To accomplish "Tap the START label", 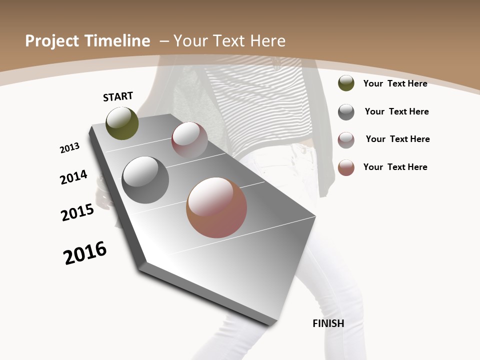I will click(118, 96).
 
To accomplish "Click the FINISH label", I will click(328, 323).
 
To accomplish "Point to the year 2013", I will click(69, 147).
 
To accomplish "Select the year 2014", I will click(73, 177).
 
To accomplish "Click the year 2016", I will click(85, 253).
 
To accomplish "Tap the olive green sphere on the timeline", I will click(122, 123).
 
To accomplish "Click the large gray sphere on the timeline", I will click(145, 180).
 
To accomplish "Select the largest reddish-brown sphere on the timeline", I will click(216, 207).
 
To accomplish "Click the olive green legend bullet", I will click(346, 83).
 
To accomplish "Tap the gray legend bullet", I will click(346, 112).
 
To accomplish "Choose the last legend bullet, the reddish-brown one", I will click(346, 167).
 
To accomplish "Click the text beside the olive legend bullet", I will click(395, 83).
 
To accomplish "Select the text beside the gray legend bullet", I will click(396, 111).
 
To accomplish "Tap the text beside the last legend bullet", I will click(395, 167).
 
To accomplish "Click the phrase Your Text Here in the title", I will click(229, 41).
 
